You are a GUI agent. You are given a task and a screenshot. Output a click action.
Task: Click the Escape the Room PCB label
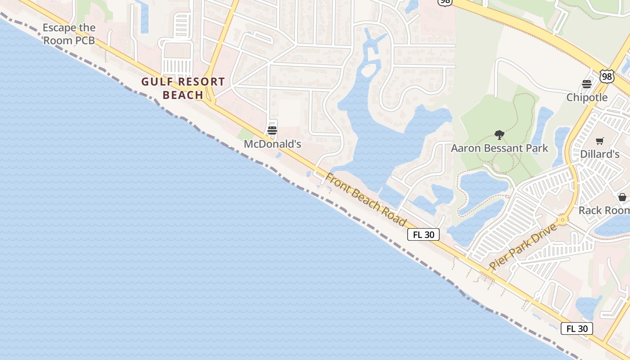pos(69,34)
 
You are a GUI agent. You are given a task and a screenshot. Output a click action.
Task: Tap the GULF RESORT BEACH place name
pos(183,88)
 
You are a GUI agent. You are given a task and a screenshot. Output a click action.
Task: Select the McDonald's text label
pos(272,144)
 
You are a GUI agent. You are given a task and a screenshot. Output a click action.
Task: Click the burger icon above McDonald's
pos(272,130)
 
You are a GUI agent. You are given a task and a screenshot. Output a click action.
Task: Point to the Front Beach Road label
pos(365,200)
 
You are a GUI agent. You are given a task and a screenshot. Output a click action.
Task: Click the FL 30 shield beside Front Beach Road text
pos(423,234)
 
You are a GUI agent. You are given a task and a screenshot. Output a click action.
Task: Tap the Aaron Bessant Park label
pos(499,148)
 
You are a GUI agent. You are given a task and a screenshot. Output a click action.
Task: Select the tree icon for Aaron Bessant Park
pos(499,135)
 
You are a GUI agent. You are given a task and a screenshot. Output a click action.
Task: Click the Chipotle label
pos(587,97)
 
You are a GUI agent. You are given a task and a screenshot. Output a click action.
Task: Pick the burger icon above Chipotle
pos(587,84)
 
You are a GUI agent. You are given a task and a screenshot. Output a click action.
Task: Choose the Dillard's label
pos(599,154)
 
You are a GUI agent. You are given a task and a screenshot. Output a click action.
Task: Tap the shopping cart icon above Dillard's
pos(599,141)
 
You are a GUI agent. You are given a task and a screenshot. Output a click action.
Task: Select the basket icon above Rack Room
pos(622,197)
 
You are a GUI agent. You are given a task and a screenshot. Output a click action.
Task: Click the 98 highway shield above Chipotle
pos(607,76)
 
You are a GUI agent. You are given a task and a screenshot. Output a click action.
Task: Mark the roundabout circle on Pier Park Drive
pos(562,220)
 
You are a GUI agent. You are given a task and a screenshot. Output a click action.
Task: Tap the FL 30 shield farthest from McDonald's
pos(577,328)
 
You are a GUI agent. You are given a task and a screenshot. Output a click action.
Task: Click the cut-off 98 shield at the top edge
pos(445,2)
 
